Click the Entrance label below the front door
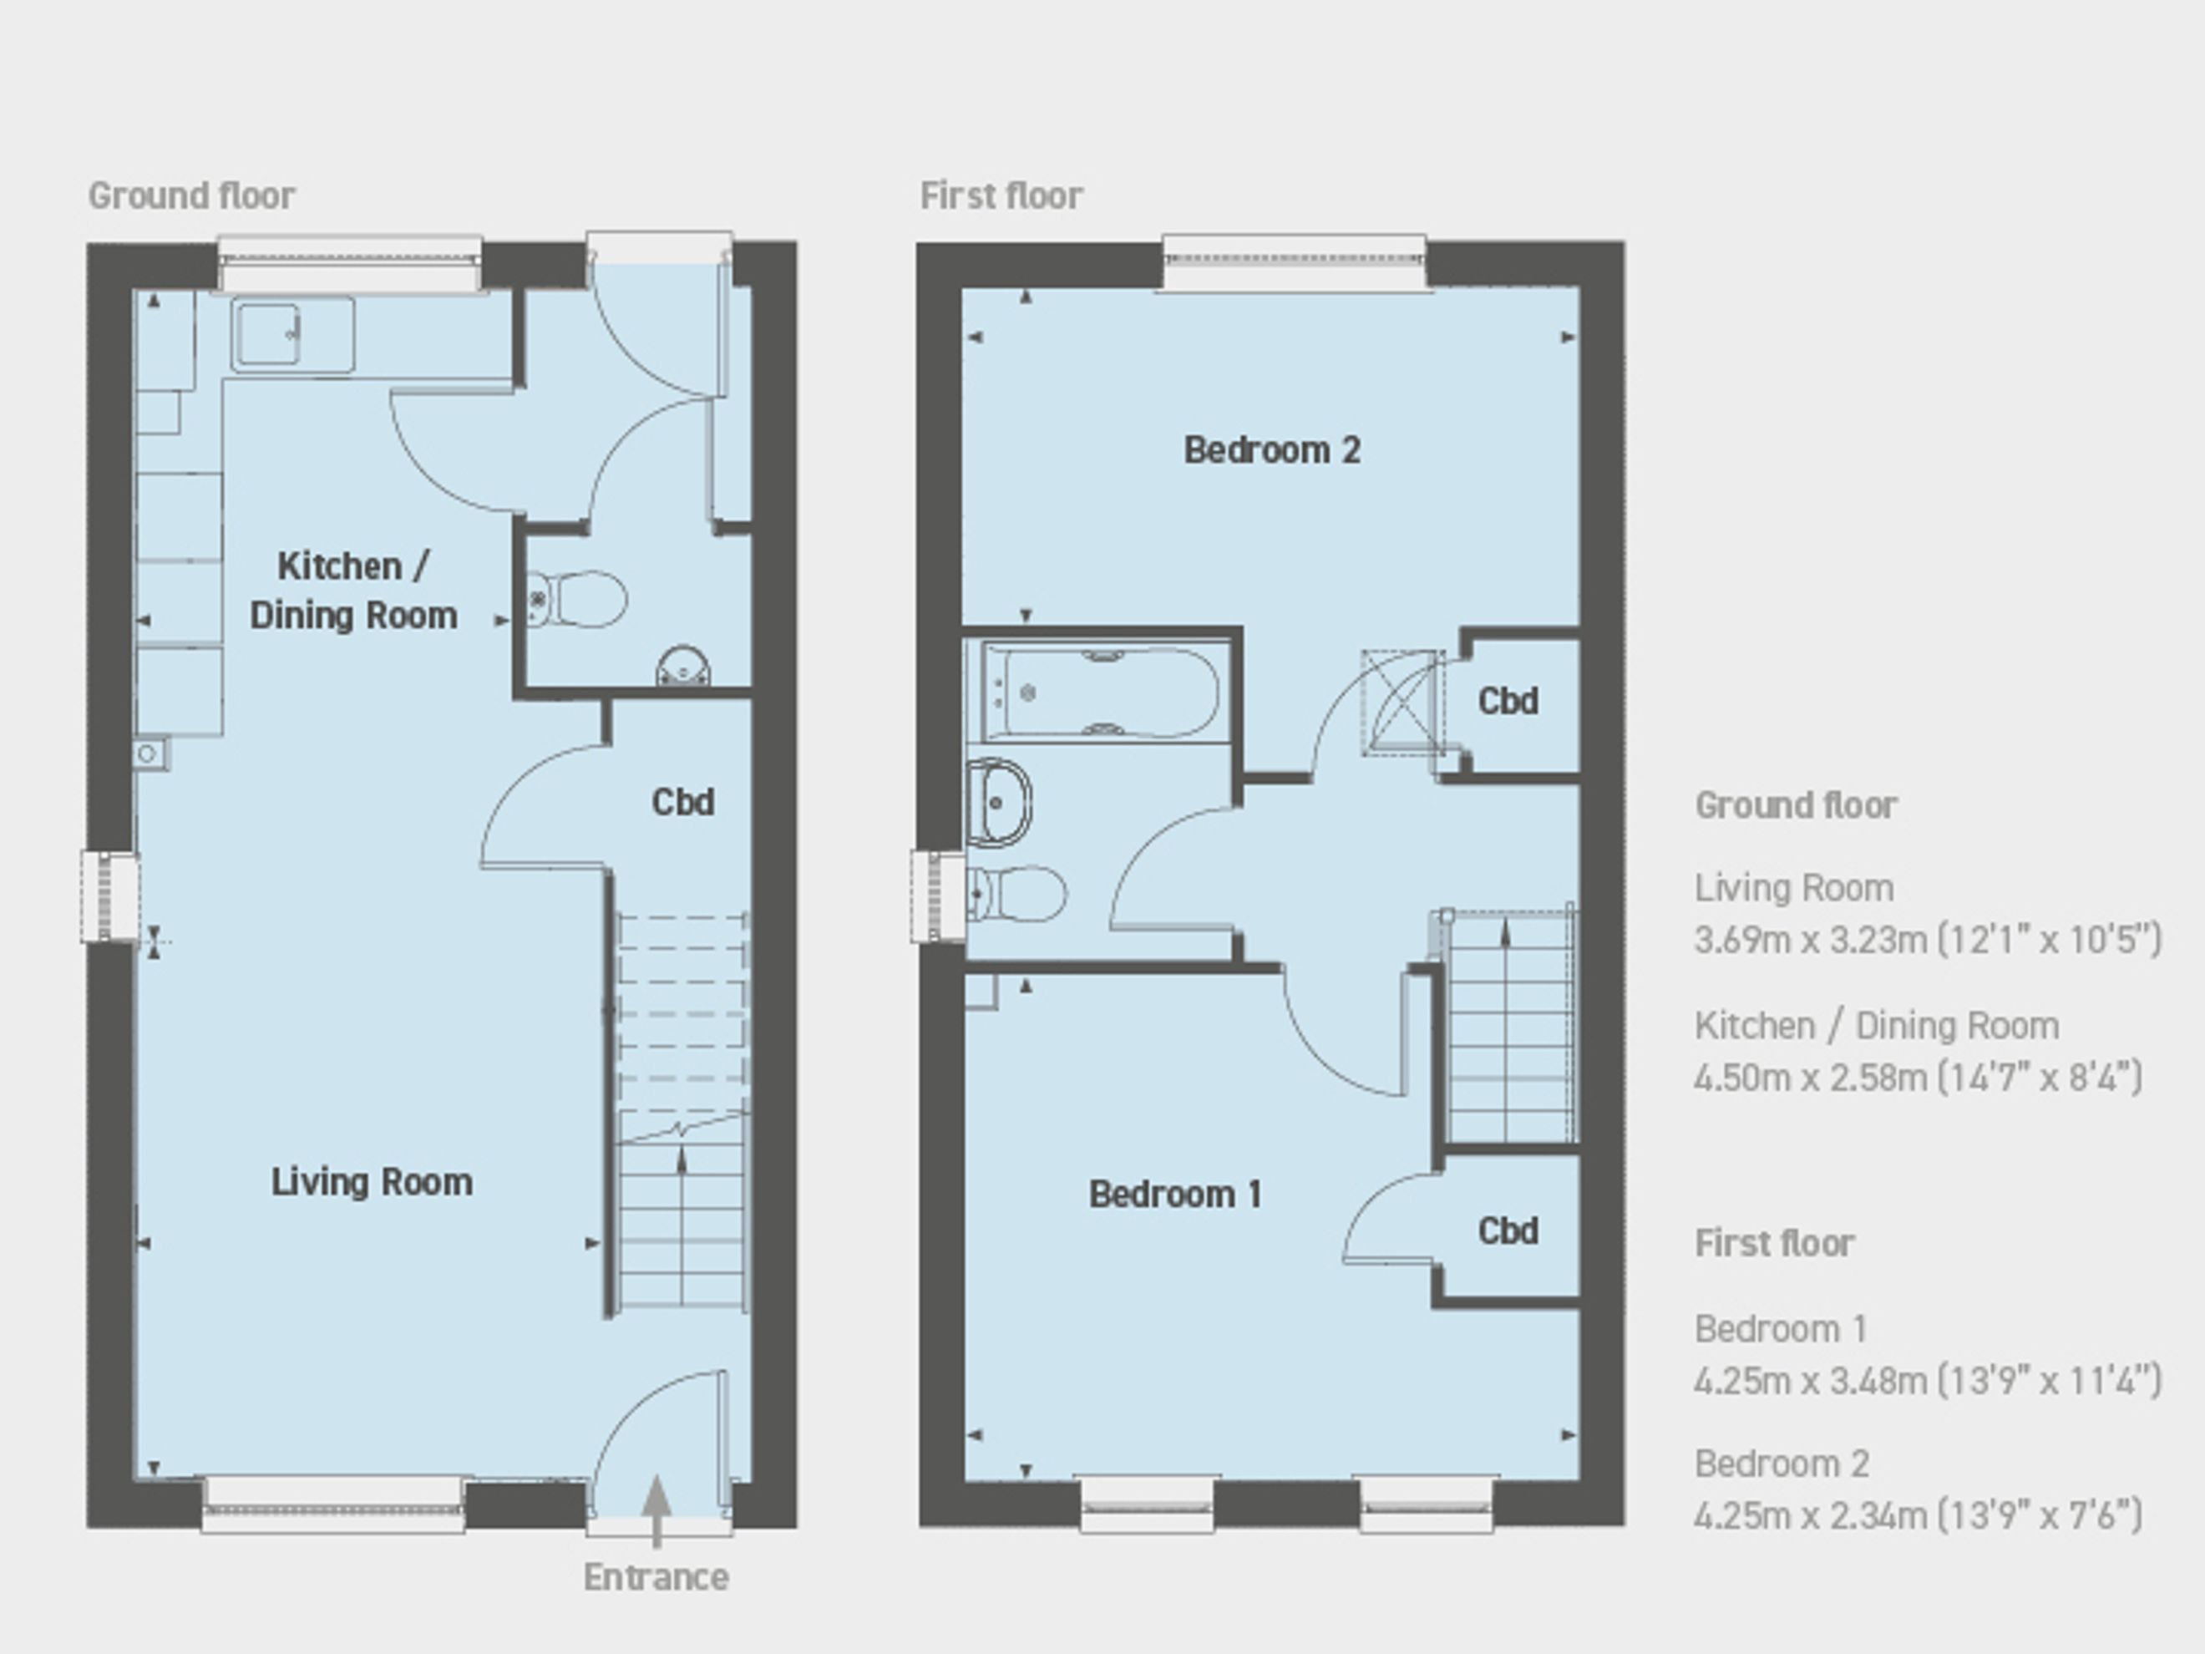(x=656, y=1577)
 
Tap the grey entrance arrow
(x=656, y=1511)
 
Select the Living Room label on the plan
(x=372, y=1181)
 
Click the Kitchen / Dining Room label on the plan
(x=354, y=591)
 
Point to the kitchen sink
(x=293, y=335)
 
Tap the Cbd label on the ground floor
(x=683, y=802)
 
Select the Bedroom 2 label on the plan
(x=1272, y=449)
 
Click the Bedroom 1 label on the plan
(x=1175, y=1194)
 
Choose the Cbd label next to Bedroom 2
(x=1508, y=701)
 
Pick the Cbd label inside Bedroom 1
(x=1508, y=1230)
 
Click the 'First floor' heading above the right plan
(x=1001, y=195)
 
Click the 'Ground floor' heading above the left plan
(x=191, y=195)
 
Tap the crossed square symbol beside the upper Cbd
(x=1402, y=703)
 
